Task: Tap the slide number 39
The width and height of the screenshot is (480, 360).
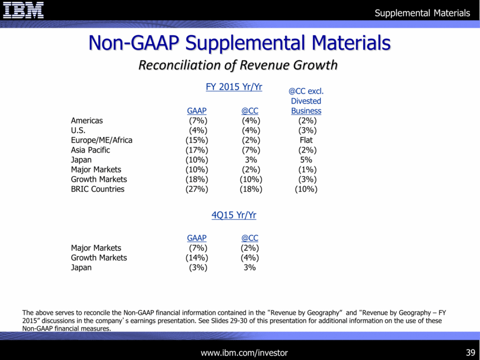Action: click(x=469, y=352)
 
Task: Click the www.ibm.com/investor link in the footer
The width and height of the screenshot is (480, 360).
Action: click(x=244, y=352)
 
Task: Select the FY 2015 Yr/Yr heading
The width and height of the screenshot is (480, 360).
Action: click(x=234, y=87)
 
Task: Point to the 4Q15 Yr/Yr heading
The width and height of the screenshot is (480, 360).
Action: click(x=234, y=215)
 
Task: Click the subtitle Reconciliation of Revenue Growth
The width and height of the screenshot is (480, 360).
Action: click(x=238, y=65)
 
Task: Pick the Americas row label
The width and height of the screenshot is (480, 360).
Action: click(x=87, y=121)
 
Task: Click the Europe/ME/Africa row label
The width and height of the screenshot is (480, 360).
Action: click(x=101, y=140)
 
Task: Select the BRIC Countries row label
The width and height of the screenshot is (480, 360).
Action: click(x=97, y=189)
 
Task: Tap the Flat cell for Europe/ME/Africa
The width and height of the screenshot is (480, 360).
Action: click(x=306, y=140)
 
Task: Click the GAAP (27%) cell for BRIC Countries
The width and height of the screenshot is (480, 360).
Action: click(x=197, y=189)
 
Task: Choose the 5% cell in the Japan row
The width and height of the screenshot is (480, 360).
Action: click(x=306, y=160)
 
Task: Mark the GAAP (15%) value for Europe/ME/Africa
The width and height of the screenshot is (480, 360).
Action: click(x=197, y=140)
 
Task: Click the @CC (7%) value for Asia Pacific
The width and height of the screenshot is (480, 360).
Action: click(x=250, y=150)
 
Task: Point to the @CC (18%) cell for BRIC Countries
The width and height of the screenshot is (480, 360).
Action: click(x=250, y=189)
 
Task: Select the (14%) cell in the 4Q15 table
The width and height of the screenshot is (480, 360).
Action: click(x=197, y=258)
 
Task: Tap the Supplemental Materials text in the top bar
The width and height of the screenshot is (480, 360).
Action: click(x=422, y=13)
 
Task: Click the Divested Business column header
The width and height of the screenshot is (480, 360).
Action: click(x=306, y=106)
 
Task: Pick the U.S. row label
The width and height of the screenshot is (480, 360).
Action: click(x=78, y=131)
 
